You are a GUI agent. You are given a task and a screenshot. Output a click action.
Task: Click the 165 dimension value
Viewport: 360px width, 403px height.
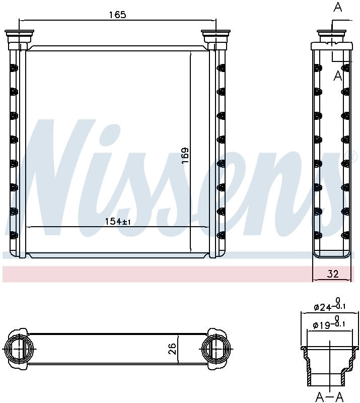(118, 15)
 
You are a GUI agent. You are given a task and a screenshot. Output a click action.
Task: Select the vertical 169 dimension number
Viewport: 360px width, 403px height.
(185, 155)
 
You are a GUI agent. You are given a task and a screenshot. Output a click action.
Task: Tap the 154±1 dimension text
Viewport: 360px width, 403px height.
(118, 222)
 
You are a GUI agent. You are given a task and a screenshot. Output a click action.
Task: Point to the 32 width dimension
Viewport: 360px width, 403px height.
(333, 274)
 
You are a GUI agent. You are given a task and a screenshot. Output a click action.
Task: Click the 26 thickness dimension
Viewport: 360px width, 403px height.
(172, 349)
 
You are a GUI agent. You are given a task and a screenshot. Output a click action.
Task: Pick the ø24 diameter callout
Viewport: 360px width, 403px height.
(330, 304)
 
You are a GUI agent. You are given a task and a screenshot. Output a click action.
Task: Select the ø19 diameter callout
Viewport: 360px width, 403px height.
(329, 323)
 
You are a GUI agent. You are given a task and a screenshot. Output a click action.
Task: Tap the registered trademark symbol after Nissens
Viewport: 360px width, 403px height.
(353, 157)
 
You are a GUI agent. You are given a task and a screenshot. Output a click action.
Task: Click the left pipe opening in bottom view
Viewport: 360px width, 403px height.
(20, 349)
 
